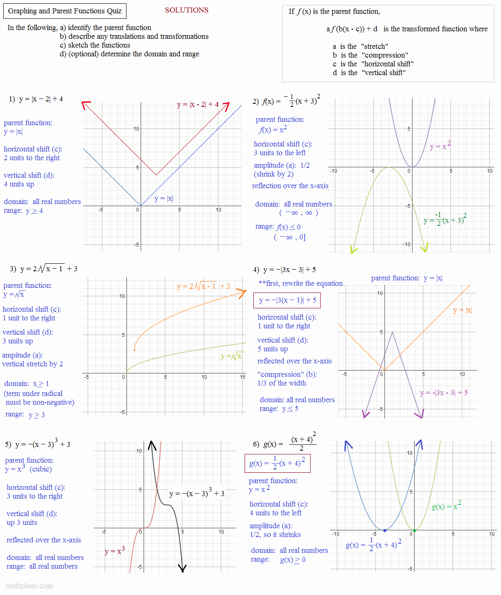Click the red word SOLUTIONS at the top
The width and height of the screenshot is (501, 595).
[x=187, y=10]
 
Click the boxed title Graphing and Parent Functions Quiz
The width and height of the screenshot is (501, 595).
[x=65, y=11]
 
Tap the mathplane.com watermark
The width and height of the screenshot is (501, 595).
[x=30, y=586]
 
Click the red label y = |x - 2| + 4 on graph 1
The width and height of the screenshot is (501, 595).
[x=197, y=104]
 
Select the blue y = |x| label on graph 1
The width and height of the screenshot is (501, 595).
[x=163, y=199]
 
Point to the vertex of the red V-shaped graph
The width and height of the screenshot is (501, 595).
[x=156, y=175]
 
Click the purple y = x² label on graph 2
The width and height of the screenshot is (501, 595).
[x=440, y=146]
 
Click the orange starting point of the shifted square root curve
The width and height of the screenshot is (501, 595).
[x=134, y=350]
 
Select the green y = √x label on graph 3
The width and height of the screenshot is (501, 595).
[x=231, y=356]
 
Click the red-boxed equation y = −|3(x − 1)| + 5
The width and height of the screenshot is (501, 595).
[x=287, y=300]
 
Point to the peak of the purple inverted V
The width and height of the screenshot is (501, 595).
[x=392, y=332]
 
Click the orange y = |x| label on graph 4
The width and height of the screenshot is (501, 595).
[x=462, y=310]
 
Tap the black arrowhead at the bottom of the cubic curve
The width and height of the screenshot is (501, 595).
[x=182, y=568]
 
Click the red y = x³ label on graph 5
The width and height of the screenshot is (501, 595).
[x=114, y=551]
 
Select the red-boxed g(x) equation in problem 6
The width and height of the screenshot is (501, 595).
[x=277, y=463]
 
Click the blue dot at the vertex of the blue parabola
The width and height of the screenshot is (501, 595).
[x=385, y=530]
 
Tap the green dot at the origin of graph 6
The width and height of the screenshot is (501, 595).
[x=414, y=530]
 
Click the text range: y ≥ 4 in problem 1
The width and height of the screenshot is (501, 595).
[x=23, y=211]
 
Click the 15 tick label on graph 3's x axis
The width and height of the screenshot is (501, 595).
[x=243, y=377]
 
